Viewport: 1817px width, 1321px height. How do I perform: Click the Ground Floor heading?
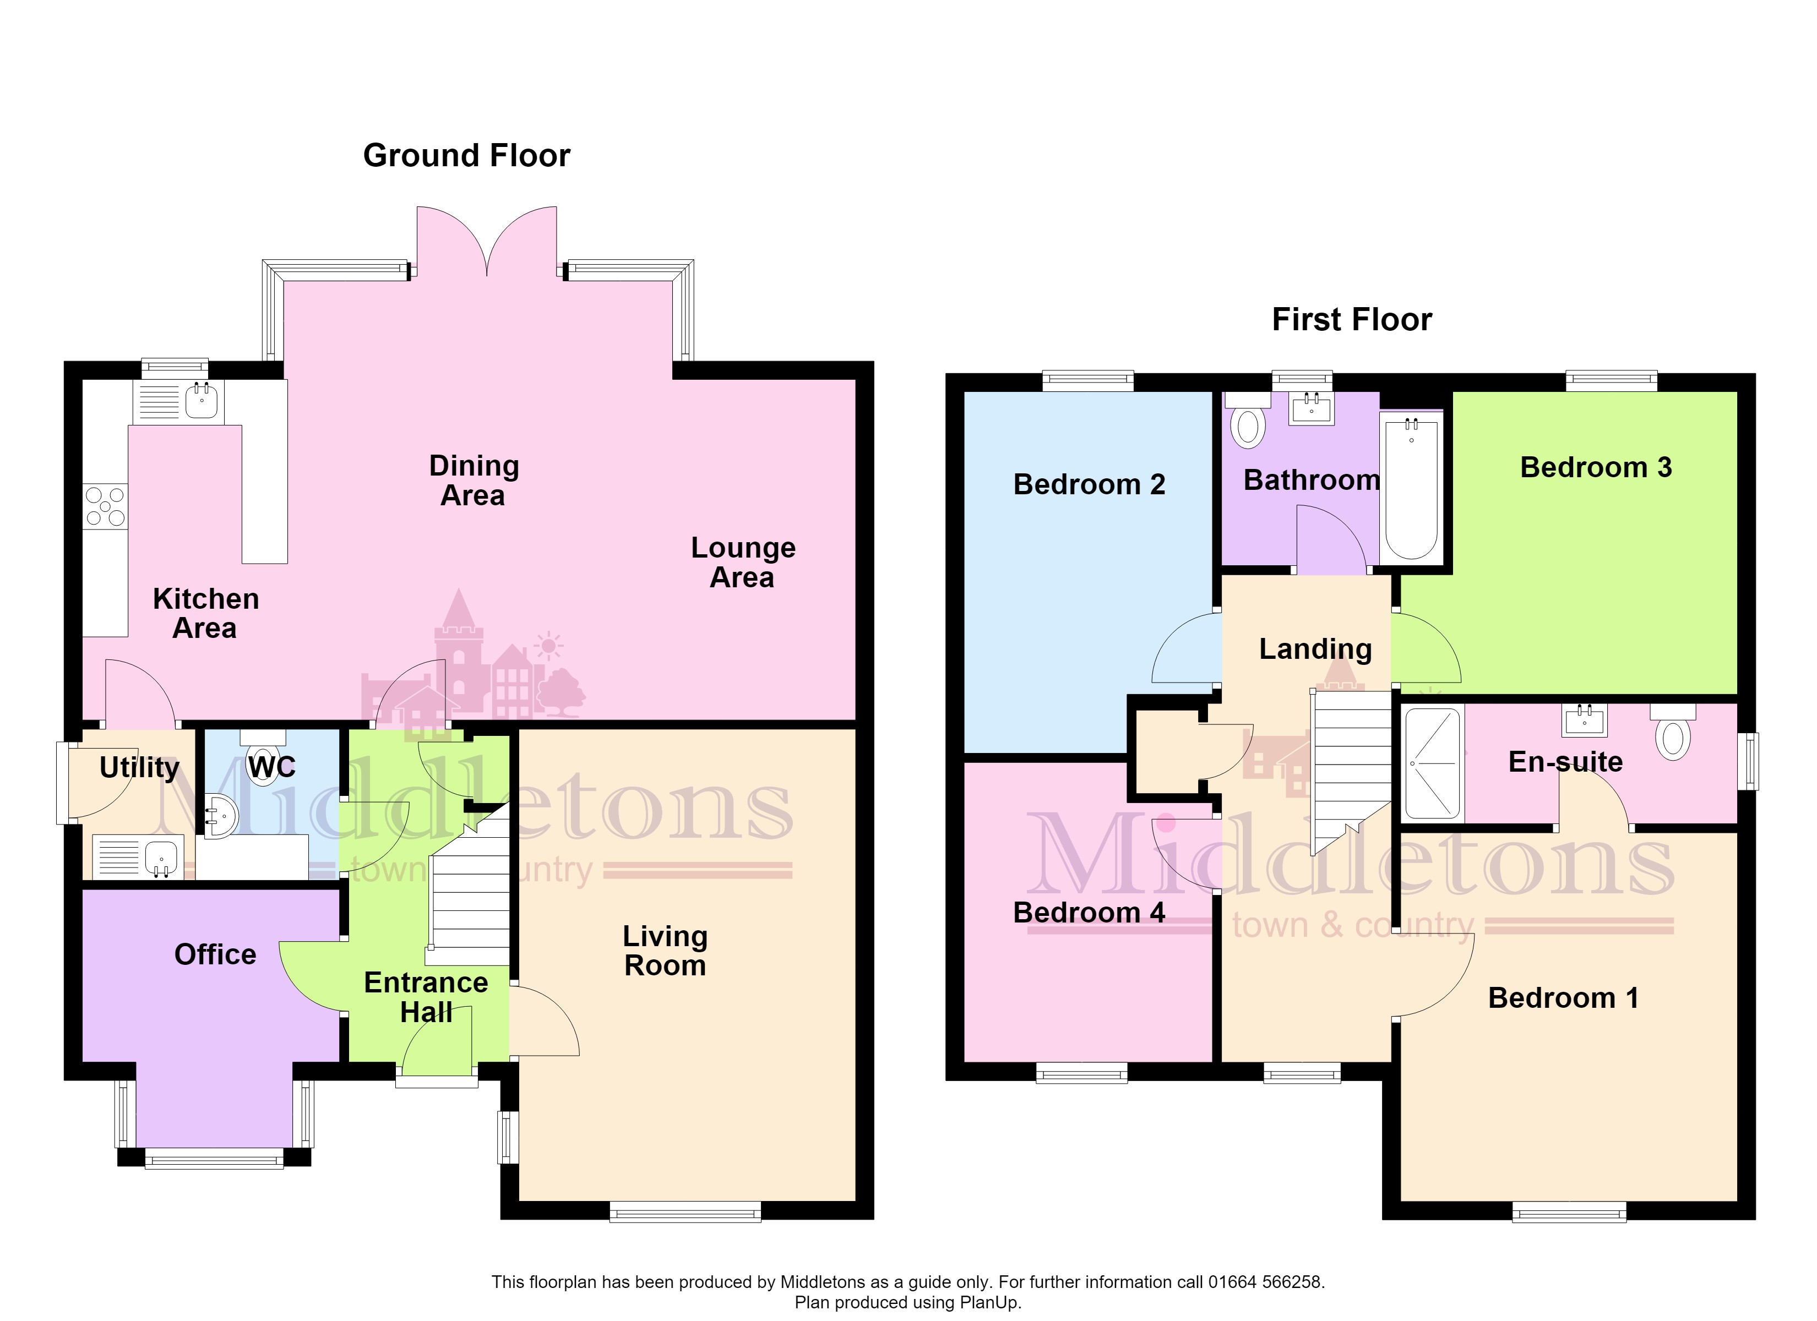pos(466,155)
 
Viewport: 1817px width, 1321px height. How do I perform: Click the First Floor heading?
pos(1352,320)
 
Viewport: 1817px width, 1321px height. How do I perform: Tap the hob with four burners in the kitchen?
pos(106,506)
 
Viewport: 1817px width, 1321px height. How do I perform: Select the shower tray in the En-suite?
pos(1433,763)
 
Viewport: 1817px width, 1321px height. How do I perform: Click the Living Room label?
pos(665,951)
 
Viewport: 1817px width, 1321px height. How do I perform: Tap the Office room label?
pos(215,955)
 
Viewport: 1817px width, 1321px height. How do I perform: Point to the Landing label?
pos(1315,649)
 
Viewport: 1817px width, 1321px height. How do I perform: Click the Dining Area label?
pos(474,481)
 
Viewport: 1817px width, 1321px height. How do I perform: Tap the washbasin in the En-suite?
pos(1584,720)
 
